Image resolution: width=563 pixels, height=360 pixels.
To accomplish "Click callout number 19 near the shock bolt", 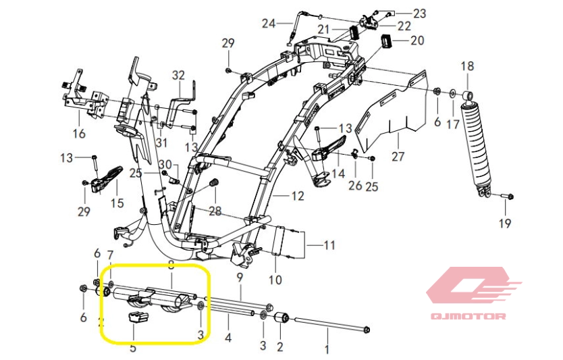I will click(505, 223).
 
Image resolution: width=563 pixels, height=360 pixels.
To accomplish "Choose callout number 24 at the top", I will click(269, 24).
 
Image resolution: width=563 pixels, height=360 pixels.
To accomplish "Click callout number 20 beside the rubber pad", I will click(417, 41).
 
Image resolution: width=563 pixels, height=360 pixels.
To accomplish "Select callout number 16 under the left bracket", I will click(80, 134).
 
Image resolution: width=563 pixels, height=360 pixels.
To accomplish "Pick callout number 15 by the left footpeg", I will click(117, 202).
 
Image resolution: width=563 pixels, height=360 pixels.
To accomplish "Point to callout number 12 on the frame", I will click(298, 196).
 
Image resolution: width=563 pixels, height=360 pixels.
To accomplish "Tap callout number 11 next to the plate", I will click(329, 245).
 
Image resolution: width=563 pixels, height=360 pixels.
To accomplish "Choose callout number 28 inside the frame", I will click(215, 211).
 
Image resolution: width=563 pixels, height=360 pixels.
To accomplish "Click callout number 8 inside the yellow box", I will click(171, 266).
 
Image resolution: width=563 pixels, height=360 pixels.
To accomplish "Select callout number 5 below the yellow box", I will click(132, 348).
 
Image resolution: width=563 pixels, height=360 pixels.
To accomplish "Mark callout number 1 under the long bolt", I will click(327, 350).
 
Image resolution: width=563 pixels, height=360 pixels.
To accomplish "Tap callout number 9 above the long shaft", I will click(239, 277).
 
